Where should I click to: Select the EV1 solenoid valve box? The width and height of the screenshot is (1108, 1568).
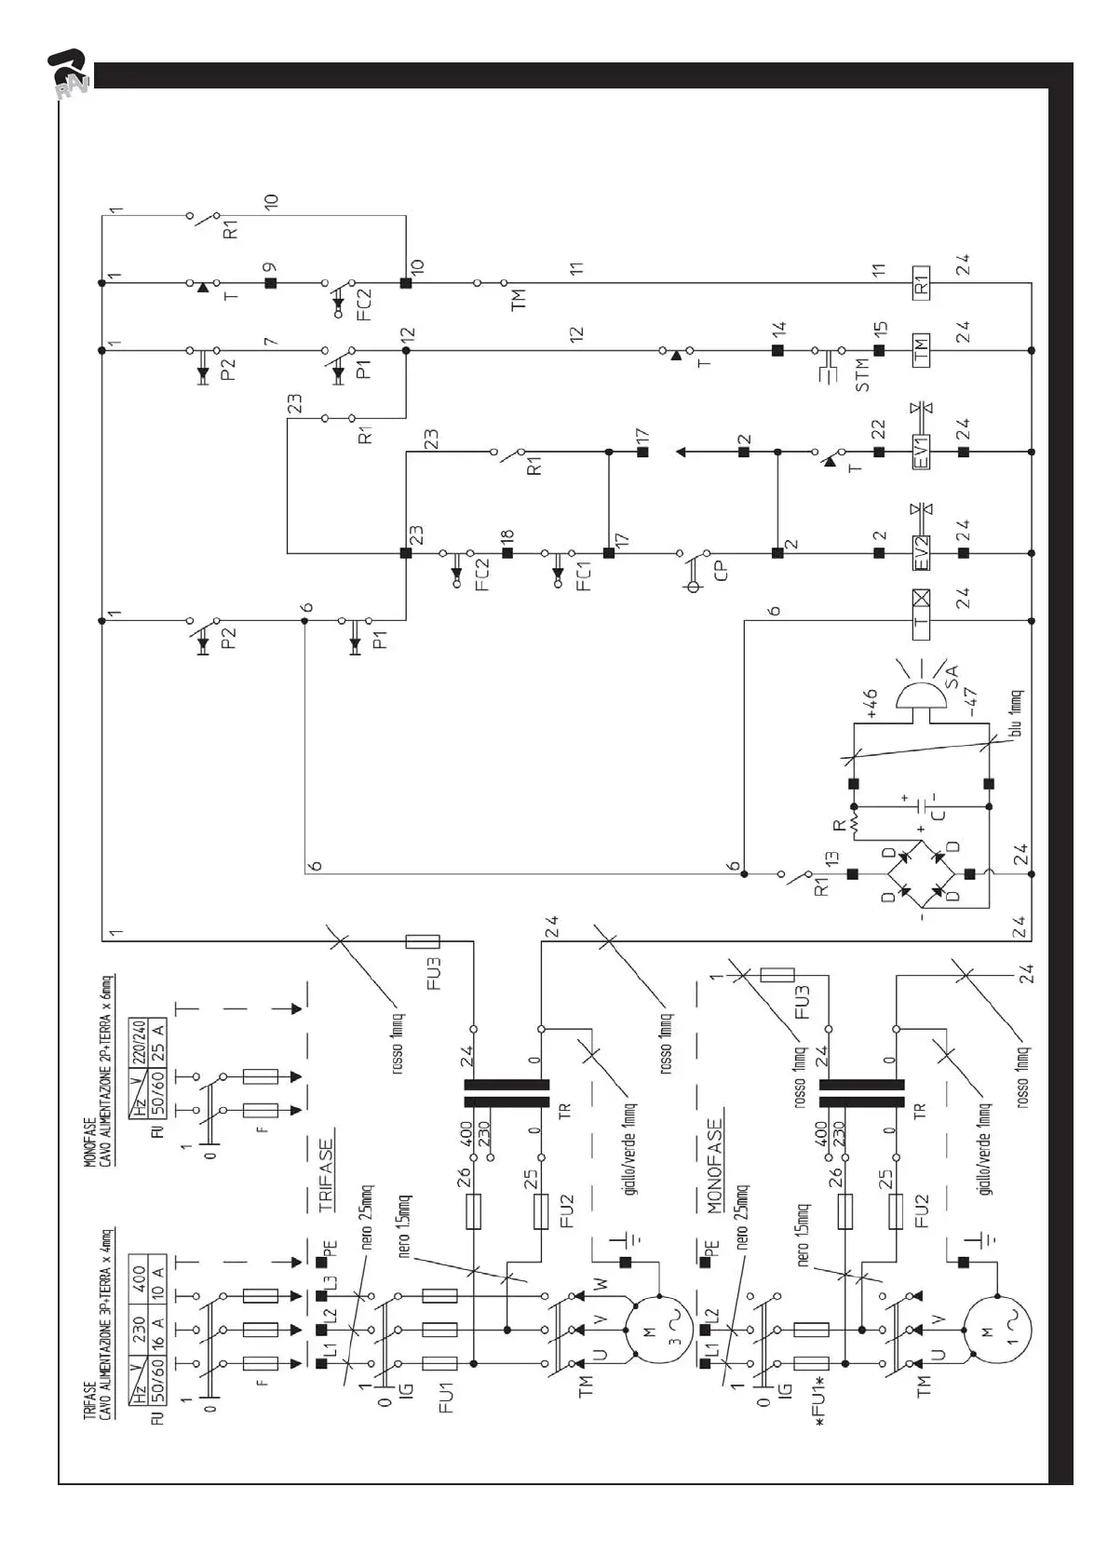point(920,452)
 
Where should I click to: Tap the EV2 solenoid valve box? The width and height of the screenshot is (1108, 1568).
point(920,552)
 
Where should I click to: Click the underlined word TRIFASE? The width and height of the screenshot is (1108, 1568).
point(325,1175)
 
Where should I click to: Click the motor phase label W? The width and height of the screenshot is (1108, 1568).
point(600,1286)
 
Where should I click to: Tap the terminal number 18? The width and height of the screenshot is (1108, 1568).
point(507,537)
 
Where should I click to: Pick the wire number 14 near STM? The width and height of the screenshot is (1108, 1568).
point(778,328)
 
